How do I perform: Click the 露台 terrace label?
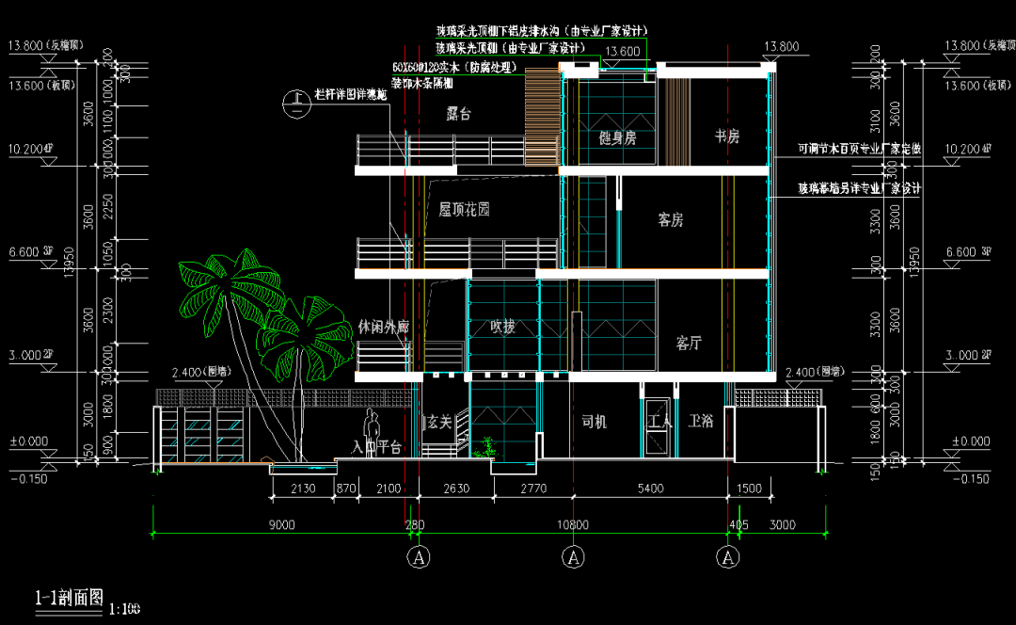(458, 115)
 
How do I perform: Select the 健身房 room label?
(617, 137)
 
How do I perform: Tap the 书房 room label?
(726, 136)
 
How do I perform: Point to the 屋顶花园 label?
(464, 210)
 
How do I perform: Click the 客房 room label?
(670, 220)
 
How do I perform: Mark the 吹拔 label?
(502, 328)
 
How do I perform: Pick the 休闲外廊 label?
(384, 327)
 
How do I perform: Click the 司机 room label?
(594, 422)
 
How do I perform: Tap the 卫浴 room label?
(701, 422)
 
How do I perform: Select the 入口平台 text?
(377, 447)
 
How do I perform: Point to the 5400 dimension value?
(651, 489)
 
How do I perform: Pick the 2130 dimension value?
(303, 489)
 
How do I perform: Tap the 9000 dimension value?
(281, 524)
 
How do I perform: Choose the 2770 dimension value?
(532, 489)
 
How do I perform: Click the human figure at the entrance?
(372, 434)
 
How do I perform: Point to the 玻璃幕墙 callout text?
(859, 189)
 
